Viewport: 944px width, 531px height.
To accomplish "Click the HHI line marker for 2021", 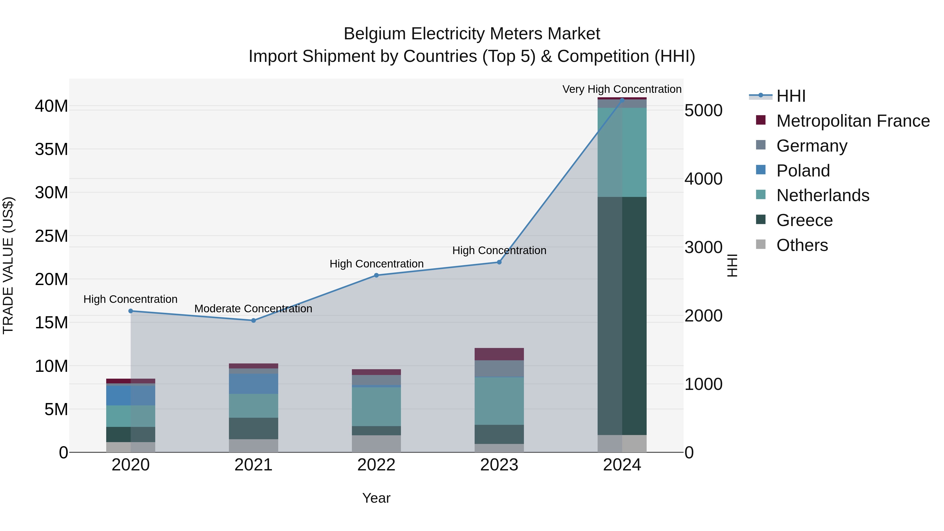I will click(x=253, y=320).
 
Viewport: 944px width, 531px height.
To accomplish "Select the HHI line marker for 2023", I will click(x=499, y=262).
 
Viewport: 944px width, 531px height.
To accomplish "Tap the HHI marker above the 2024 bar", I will click(x=622, y=100).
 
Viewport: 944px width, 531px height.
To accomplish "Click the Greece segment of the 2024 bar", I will click(x=622, y=315).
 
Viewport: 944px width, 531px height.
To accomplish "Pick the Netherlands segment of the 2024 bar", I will click(x=622, y=152).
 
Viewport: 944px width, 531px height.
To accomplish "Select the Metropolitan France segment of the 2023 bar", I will click(x=499, y=354).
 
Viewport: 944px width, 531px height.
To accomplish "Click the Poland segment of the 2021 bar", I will click(x=253, y=384).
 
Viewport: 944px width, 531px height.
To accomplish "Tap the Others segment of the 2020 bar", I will click(x=131, y=447).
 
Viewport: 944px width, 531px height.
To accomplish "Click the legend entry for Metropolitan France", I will click(x=853, y=121).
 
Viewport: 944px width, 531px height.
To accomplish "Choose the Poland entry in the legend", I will click(x=803, y=171).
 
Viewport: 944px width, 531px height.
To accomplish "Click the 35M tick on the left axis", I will click(x=51, y=149).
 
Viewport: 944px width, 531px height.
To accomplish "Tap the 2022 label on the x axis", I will click(x=376, y=465).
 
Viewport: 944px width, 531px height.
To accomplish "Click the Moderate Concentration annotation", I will click(x=253, y=309).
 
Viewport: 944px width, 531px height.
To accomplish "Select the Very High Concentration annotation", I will click(x=622, y=89).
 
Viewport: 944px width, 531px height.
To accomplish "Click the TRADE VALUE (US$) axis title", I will click(x=8, y=265).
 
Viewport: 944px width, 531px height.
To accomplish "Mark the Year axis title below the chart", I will click(x=376, y=498).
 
